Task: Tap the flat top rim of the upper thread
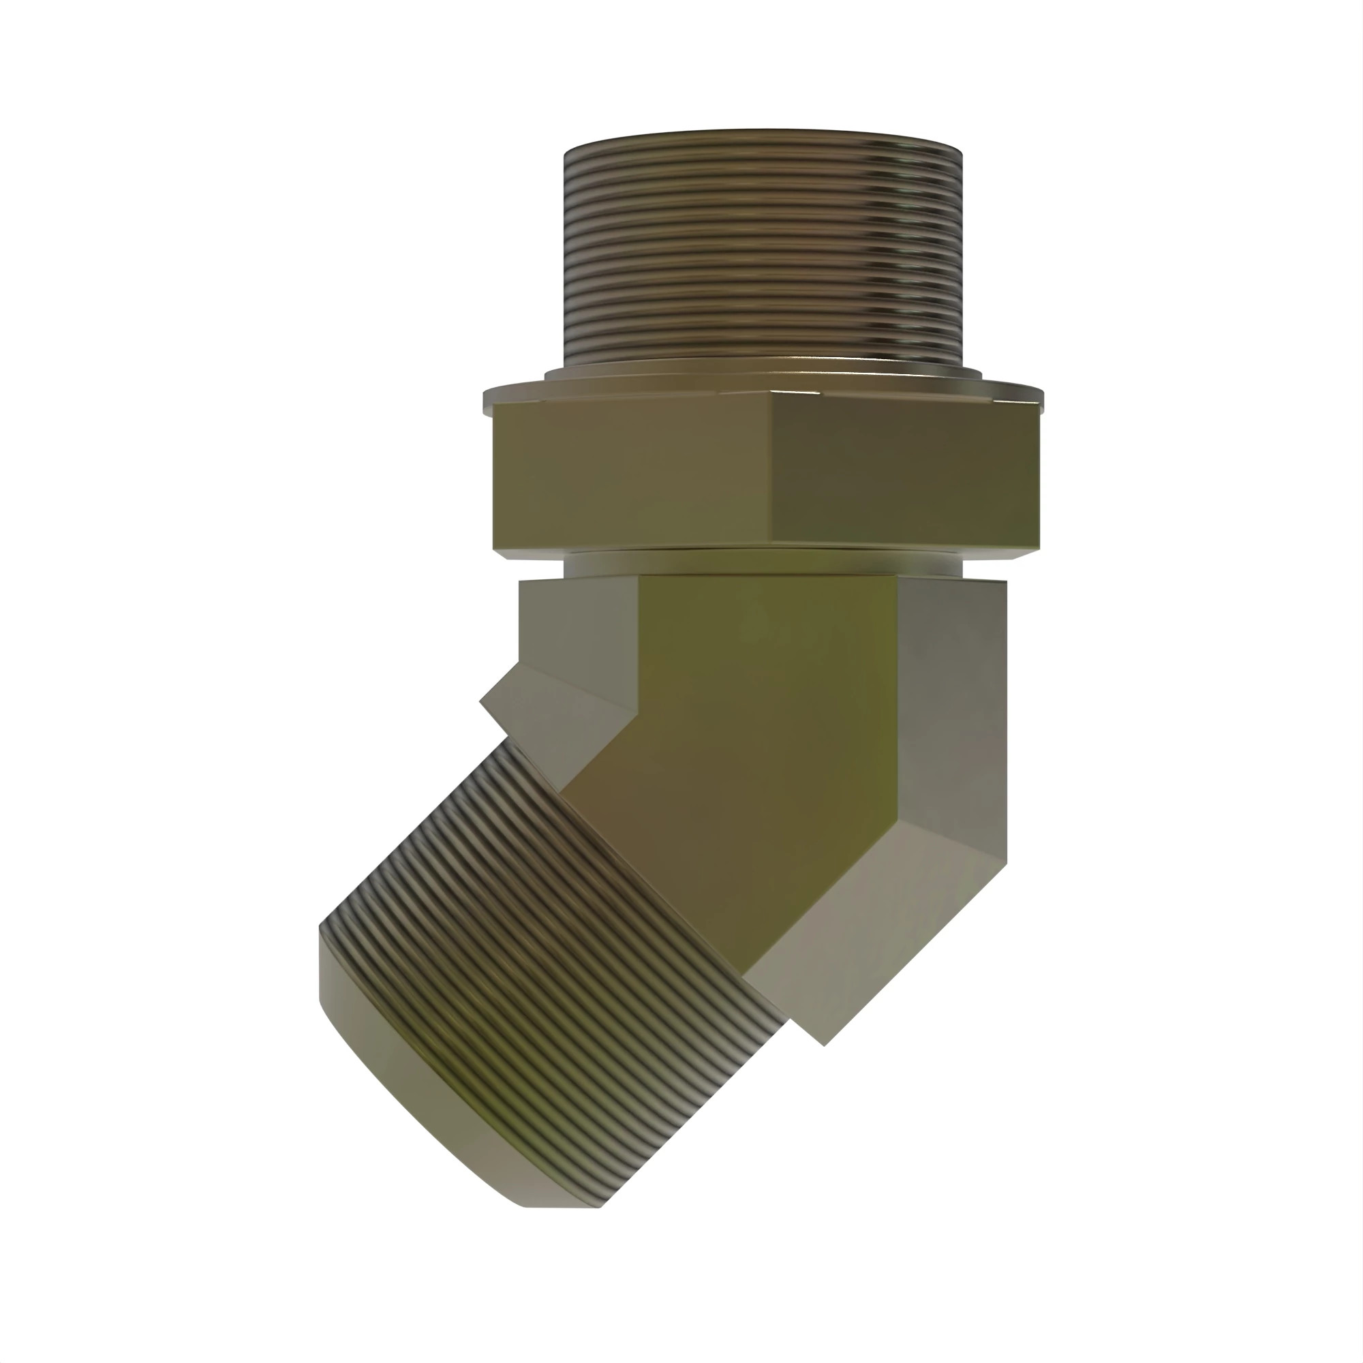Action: [x=762, y=134]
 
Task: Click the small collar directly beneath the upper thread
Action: [x=762, y=369]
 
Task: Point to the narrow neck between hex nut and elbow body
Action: [x=762, y=562]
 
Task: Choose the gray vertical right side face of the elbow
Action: [x=953, y=705]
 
